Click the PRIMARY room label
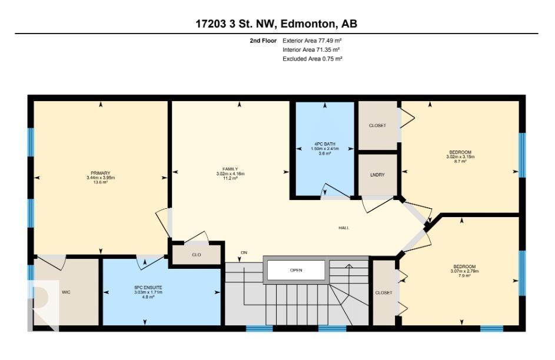pyautogui.click(x=101, y=173)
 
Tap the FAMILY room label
pyautogui.click(x=230, y=169)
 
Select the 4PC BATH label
pyautogui.click(x=324, y=144)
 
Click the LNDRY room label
pyautogui.click(x=377, y=175)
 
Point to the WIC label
pyautogui.click(x=66, y=292)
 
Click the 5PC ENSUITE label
pyautogui.click(x=148, y=288)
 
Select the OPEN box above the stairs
pyautogui.click(x=296, y=270)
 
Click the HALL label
pyautogui.click(x=344, y=228)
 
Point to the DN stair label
pyautogui.click(x=244, y=252)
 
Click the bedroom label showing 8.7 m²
pyautogui.click(x=460, y=152)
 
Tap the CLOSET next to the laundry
pyautogui.click(x=377, y=125)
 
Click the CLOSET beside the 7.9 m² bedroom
pyautogui.click(x=384, y=293)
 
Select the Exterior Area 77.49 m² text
pyautogui.click(x=312, y=41)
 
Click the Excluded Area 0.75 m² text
pyautogui.click(x=312, y=59)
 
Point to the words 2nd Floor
pyautogui.click(x=263, y=41)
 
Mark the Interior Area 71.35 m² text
pyautogui.click(x=311, y=50)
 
